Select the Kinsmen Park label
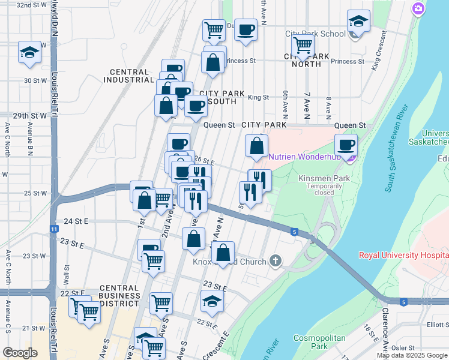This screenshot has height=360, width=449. (x=324, y=179)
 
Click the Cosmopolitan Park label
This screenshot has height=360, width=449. (x=319, y=342)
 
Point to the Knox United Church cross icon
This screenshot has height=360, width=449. (x=276, y=260)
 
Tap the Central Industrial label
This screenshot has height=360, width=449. (x=128, y=76)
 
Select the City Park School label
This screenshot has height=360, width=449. (x=315, y=34)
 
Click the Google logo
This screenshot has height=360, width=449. (x=20, y=353)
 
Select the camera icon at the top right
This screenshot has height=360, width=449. (x=418, y=8)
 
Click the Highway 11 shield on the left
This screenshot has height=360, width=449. (x=54, y=229)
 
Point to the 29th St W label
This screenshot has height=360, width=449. (x=30, y=115)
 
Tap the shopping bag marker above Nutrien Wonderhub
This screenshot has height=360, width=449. (x=256, y=146)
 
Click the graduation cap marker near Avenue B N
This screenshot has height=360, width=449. (x=29, y=52)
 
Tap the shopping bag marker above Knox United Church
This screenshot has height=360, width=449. (x=223, y=253)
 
